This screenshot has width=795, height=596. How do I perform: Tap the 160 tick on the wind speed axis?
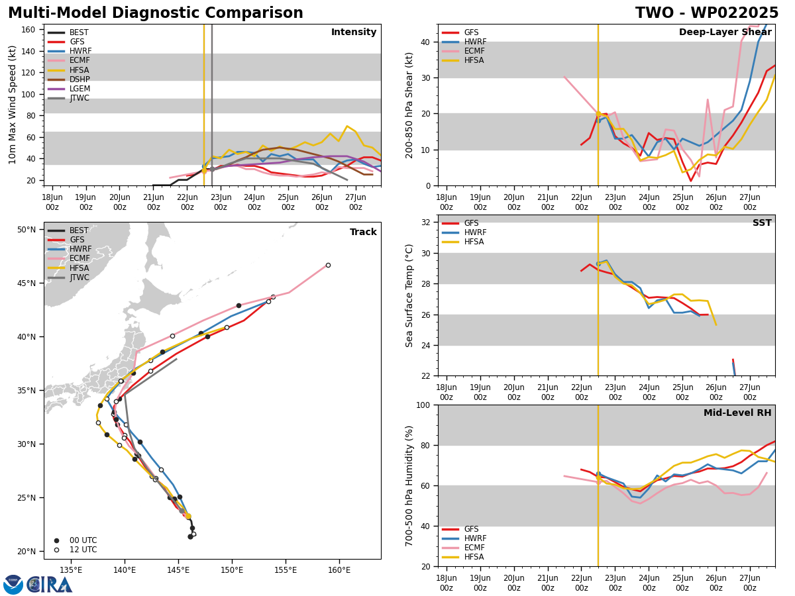28,30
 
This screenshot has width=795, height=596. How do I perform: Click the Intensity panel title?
354,32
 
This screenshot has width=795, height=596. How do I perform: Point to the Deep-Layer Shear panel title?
725,32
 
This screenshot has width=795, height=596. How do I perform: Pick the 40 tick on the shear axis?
425,42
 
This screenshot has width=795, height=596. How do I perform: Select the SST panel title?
762,223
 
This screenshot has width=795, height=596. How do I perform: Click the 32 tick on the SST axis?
425,223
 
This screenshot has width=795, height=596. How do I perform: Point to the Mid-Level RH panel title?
737,413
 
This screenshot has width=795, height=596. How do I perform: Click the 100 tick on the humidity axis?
423,405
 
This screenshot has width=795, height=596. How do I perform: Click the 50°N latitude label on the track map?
26,230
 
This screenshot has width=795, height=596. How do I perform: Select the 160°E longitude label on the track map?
339,570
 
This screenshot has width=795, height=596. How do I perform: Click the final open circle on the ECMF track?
328,266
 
